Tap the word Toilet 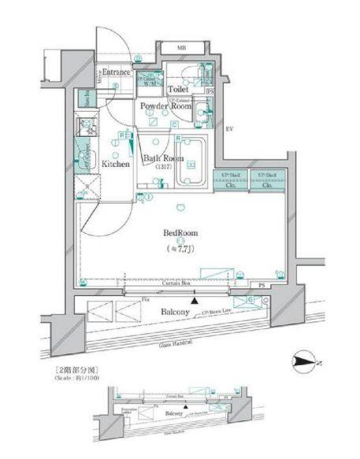click(x=176, y=91)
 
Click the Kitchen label click(x=115, y=165)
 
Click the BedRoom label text click(x=180, y=234)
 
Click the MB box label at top click(x=181, y=47)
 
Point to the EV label click(x=229, y=129)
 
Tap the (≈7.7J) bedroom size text click(x=180, y=249)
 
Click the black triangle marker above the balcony click(x=195, y=300)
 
